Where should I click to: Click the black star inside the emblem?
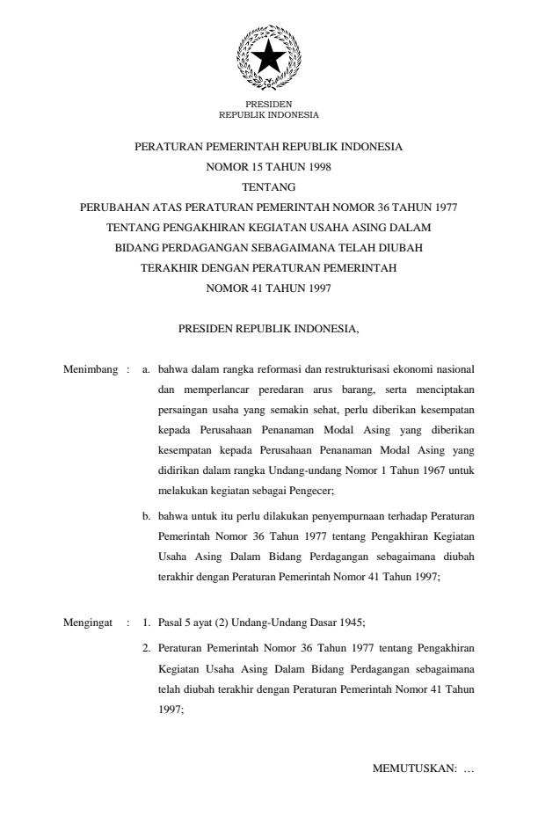pyautogui.click(x=268, y=58)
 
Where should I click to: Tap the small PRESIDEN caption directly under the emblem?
pyautogui.click(x=268, y=105)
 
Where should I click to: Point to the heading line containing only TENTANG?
pyautogui.click(x=268, y=186)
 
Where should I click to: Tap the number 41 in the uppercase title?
pyautogui.click(x=251, y=288)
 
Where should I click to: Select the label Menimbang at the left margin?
pyautogui.click(x=91, y=370)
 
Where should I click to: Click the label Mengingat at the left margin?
pyautogui.click(x=89, y=622)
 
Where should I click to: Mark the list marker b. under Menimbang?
pyautogui.click(x=147, y=516)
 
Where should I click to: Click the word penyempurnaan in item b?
pyautogui.click(x=335, y=516)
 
